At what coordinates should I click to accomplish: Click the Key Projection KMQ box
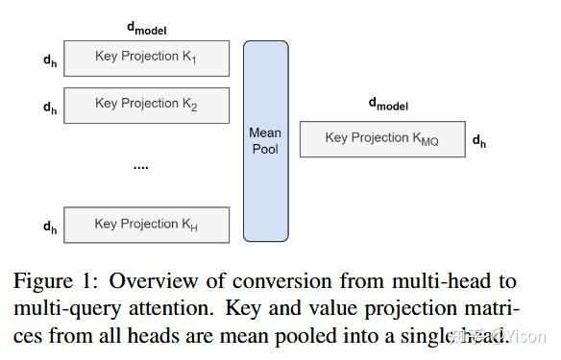tap(382, 138)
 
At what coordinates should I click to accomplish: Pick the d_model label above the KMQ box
tap(389, 104)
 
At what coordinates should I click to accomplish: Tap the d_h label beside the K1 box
tap(50, 60)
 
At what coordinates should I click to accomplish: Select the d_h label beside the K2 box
tap(50, 107)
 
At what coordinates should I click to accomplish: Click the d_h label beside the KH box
tap(50, 227)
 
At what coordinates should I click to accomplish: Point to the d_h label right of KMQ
tap(479, 141)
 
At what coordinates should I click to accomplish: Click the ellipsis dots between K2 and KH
tap(140, 166)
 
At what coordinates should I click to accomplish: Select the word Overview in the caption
tap(153, 281)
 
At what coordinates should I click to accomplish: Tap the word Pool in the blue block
tap(265, 149)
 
